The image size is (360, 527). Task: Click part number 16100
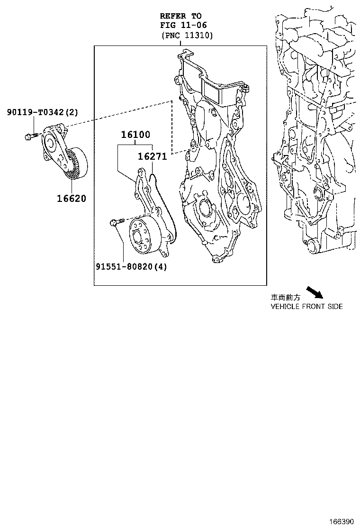(x=135, y=135)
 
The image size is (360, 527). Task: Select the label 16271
(x=152, y=156)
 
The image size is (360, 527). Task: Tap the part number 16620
(x=72, y=199)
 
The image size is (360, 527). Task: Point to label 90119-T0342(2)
(x=43, y=112)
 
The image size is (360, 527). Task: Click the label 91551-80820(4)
(x=132, y=266)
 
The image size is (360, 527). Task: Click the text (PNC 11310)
(x=187, y=36)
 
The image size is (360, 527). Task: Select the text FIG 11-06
(x=183, y=25)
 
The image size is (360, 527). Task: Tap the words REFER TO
(x=180, y=16)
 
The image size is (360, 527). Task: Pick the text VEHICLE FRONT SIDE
(x=306, y=307)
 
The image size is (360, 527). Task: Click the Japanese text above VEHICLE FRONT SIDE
(x=285, y=298)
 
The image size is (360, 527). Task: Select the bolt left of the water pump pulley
(x=117, y=221)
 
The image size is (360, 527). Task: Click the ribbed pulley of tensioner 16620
(x=76, y=164)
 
